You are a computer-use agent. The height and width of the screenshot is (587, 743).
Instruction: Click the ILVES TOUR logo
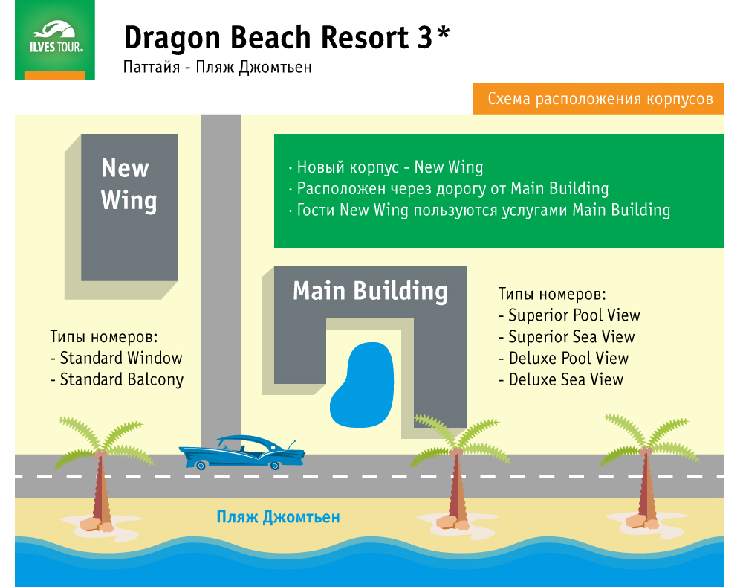point(55,40)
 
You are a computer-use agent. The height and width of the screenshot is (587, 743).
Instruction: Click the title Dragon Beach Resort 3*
point(286,37)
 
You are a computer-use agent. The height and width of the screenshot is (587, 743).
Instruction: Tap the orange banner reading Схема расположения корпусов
point(598,99)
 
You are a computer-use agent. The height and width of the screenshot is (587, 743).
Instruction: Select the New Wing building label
point(129,184)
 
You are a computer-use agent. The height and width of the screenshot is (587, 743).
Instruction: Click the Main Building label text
point(370,291)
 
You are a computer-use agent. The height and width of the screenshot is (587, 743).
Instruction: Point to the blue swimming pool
point(362,385)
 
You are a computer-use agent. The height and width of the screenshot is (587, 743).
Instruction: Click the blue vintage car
point(242,452)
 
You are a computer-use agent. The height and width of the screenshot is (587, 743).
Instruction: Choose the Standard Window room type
point(116,358)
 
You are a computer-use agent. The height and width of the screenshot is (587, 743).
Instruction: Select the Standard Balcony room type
point(117,379)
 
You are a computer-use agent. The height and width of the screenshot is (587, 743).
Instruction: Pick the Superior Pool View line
point(569,315)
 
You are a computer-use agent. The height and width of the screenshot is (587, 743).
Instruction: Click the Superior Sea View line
point(566,336)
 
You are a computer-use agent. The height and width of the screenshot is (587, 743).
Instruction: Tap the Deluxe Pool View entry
point(563,359)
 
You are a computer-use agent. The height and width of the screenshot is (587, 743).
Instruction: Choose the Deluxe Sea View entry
point(560,379)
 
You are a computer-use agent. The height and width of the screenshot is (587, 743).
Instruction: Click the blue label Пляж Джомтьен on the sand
point(278,517)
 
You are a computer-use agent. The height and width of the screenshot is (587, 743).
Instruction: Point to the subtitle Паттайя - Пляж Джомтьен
point(217,67)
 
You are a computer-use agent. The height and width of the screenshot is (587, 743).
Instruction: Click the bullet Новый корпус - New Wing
point(386,167)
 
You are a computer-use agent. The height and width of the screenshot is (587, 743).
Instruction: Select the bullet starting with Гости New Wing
point(479,210)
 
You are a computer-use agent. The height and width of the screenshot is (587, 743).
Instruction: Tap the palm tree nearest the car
point(101,475)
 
